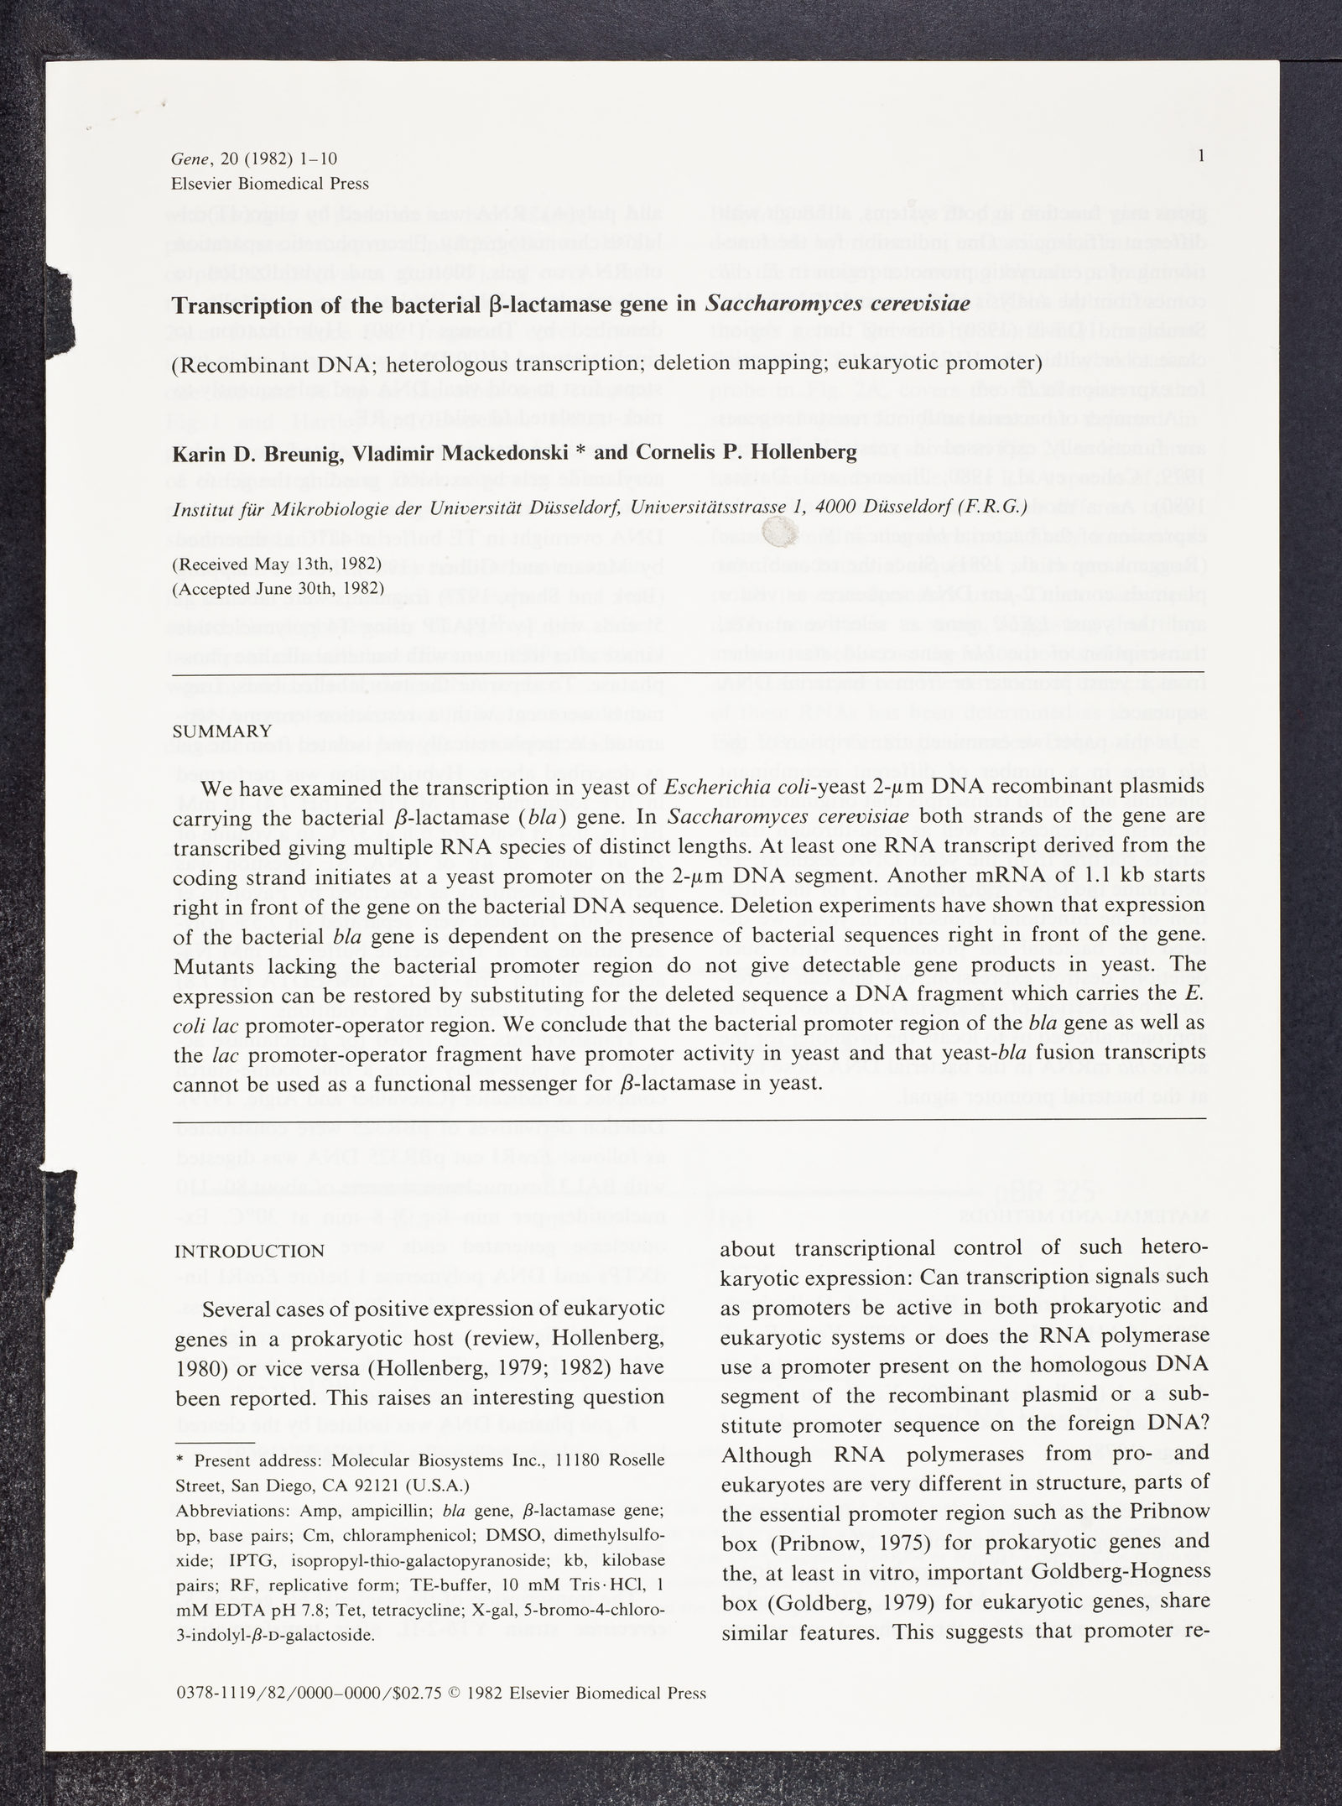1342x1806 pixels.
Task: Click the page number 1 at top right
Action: [1202, 155]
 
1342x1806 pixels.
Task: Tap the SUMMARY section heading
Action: [221, 731]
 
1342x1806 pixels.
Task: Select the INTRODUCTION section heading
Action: [249, 1251]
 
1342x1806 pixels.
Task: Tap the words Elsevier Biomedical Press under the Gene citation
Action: [269, 184]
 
